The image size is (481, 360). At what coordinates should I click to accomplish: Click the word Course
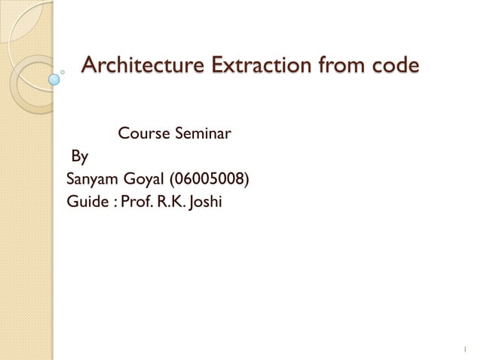[x=143, y=136]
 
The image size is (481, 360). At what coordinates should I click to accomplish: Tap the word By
[x=79, y=157]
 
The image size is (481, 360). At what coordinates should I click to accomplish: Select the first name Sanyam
[x=91, y=180]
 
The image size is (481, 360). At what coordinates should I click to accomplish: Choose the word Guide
[x=87, y=202]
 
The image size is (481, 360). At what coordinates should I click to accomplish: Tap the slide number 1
[x=465, y=348]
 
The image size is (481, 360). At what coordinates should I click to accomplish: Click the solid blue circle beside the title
[x=54, y=78]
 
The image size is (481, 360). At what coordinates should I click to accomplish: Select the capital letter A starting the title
[x=89, y=66]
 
